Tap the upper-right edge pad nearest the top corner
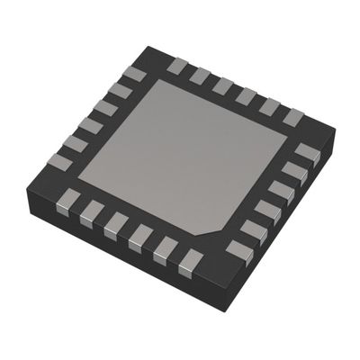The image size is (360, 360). pyautogui.click(x=177, y=66)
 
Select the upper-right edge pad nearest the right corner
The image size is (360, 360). pyautogui.click(x=292, y=116)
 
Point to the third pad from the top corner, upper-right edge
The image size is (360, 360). pyautogui.click(x=223, y=85)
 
